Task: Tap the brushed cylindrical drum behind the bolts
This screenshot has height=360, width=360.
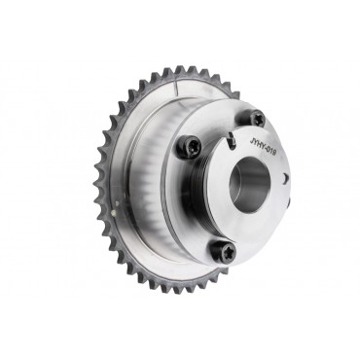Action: click(146, 165)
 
